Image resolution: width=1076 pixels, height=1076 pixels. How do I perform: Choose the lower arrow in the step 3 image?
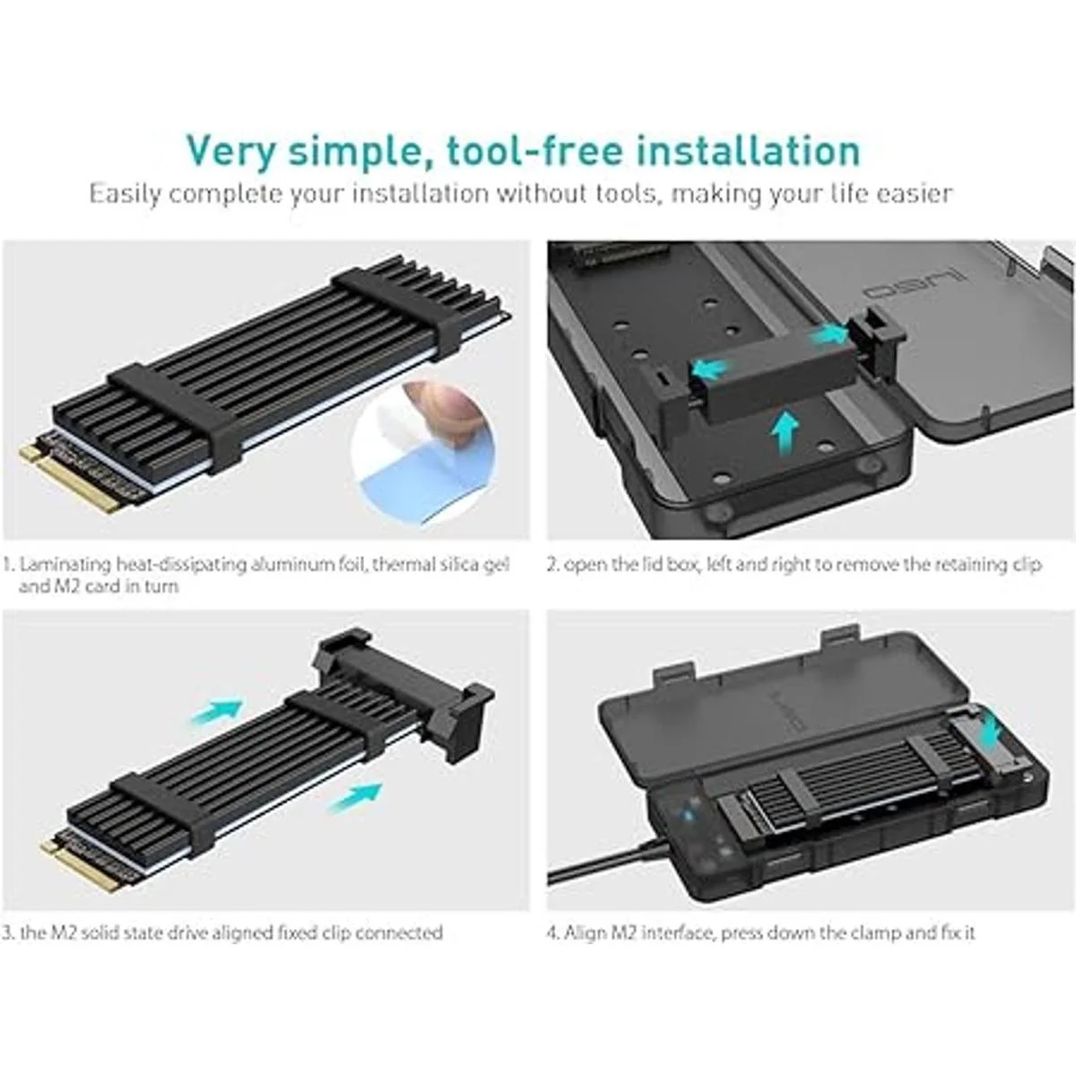tap(356, 795)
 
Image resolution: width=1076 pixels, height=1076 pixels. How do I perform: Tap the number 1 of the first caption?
tap(7, 565)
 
